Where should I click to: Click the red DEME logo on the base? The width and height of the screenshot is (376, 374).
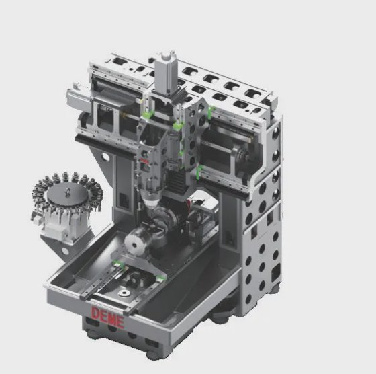[x=107, y=317]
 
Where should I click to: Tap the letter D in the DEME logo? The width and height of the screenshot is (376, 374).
[x=96, y=313]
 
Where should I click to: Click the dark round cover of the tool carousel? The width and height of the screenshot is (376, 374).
[x=67, y=193]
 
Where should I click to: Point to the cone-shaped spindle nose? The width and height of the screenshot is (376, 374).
[x=150, y=198]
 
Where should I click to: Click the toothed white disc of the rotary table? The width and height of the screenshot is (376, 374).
[x=134, y=243]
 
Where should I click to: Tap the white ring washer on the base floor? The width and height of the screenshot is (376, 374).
[x=124, y=293]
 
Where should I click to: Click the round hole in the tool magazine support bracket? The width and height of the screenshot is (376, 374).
[x=64, y=251]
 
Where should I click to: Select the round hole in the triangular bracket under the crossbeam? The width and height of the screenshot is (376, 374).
[x=105, y=157]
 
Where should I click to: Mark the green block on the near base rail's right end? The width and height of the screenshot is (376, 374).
[x=160, y=278]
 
